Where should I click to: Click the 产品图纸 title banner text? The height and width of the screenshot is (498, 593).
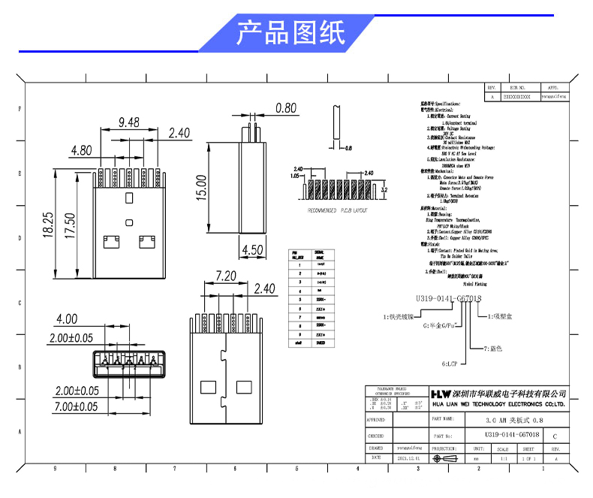pos(291,34)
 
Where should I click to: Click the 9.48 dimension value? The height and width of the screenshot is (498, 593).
pos(130,122)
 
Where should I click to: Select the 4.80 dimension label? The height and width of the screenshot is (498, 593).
pos(81,150)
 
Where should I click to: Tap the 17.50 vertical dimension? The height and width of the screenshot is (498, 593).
pos(69,225)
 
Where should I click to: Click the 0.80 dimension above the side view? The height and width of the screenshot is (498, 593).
pos(286,108)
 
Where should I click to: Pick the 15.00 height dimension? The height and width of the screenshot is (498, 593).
pos(200,187)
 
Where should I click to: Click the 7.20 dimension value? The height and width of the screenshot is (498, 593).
pos(226,276)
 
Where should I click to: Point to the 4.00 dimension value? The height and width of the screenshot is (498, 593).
pos(67,319)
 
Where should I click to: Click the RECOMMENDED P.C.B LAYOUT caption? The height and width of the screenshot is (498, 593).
pos(338,211)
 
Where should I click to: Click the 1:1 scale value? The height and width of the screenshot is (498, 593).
pos(503,457)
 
